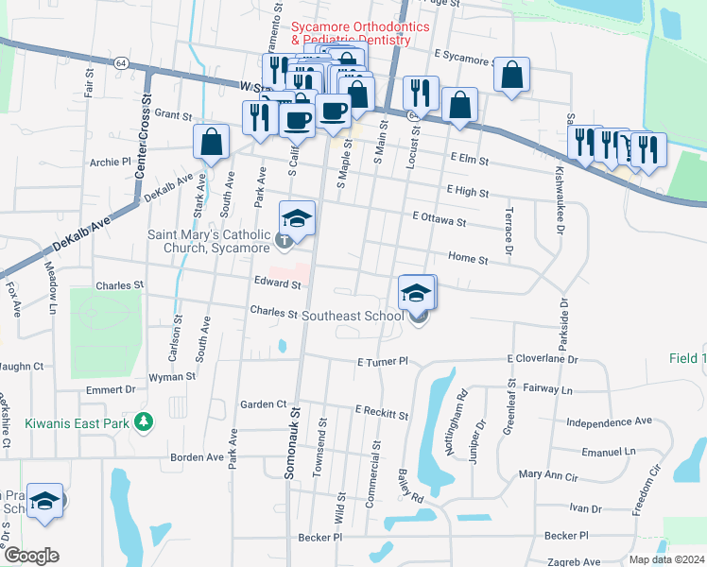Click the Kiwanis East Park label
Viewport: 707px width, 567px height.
[x=64, y=424]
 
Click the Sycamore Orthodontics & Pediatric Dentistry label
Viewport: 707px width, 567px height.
[x=351, y=34]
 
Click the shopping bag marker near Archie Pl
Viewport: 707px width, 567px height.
[x=212, y=142]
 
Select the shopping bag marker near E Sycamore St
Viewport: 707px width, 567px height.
[x=511, y=76]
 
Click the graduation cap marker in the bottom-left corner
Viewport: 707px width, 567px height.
[x=43, y=502]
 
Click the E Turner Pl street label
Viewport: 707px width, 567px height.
[x=382, y=362]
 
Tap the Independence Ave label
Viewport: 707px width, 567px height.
[x=610, y=421]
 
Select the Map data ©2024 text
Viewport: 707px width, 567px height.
[x=666, y=559]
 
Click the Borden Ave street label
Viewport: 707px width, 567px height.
[x=197, y=457]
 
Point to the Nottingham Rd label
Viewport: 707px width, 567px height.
[x=463, y=407]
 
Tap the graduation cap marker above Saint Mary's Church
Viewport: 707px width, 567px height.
[x=298, y=218]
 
